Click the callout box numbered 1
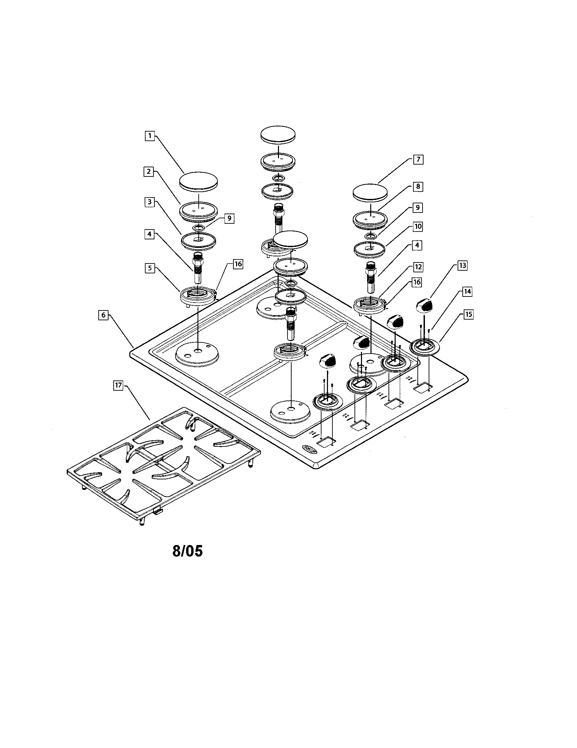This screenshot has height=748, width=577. pos(149,136)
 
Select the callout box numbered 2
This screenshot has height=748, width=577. pos(148,172)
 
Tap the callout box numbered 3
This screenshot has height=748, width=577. pos(149,202)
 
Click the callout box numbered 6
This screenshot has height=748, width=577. pos(103,314)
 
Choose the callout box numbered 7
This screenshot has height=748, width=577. pos(418,159)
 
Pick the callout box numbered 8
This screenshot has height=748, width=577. pos(418,187)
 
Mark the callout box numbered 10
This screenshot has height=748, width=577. pos(418,226)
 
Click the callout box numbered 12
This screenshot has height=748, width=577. pos(418,267)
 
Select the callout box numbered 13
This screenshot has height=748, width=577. pos(462,266)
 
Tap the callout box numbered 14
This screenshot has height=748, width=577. pos(467,291)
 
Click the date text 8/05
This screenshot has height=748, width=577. pos(187,551)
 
